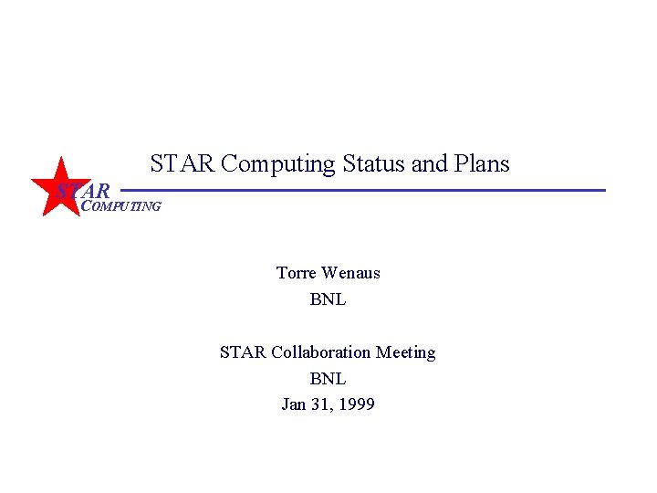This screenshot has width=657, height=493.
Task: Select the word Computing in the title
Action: [x=278, y=164]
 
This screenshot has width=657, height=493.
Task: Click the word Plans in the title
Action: [x=481, y=164]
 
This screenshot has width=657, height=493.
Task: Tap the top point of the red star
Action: [x=61, y=160]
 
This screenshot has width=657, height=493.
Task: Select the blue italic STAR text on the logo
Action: [x=83, y=192]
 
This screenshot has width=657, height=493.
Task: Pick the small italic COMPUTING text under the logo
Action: [x=121, y=206]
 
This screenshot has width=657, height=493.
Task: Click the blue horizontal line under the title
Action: [x=365, y=190]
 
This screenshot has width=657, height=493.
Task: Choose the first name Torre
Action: [x=297, y=273]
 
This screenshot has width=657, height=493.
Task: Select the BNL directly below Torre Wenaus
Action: [x=328, y=299]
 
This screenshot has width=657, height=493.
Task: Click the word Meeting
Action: [x=406, y=352]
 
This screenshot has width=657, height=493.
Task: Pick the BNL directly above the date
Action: [x=328, y=378]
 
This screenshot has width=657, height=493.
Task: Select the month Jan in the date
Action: [x=294, y=404]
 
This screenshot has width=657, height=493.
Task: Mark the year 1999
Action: [x=357, y=404]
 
